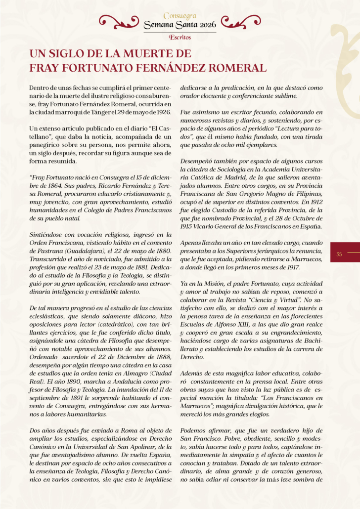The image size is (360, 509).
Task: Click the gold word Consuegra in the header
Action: tap(180, 16)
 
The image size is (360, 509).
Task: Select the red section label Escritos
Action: tap(180, 37)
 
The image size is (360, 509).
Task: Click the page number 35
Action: tap(339, 254)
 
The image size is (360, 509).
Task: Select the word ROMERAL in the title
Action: tap(232, 67)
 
